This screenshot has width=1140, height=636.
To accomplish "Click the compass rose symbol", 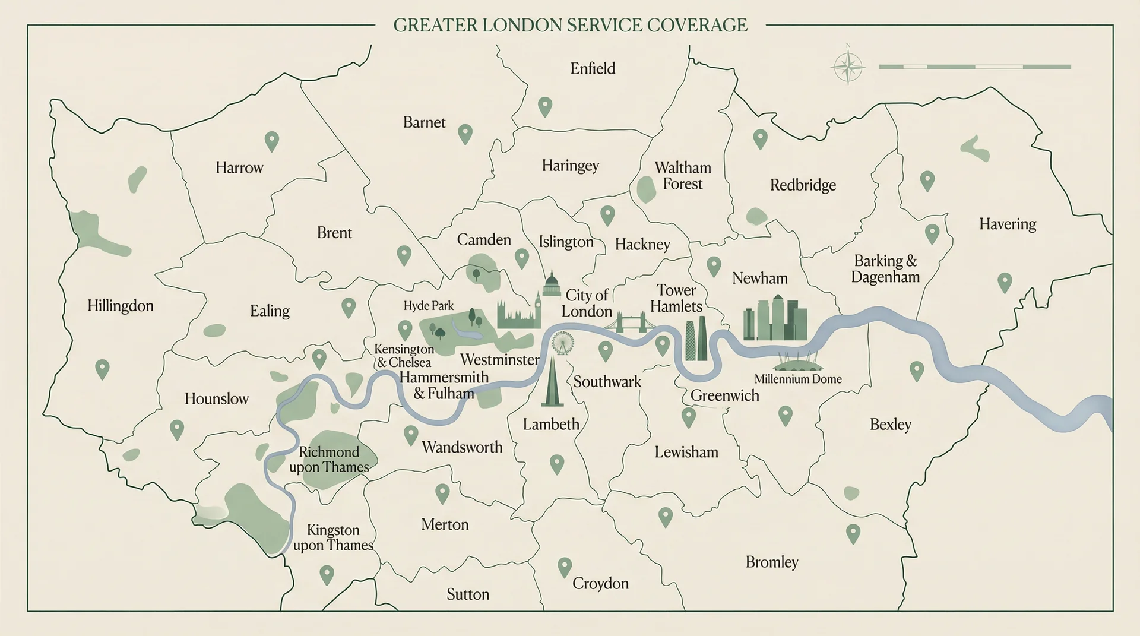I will (x=848, y=67).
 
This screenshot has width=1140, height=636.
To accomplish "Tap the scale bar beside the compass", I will (x=974, y=67).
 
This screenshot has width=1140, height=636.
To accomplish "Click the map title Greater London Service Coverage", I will (x=570, y=25).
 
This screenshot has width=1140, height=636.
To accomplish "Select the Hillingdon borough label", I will (x=121, y=306).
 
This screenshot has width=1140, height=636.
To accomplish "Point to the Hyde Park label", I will (x=428, y=306).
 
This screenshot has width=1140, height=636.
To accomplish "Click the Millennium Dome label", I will (x=797, y=379).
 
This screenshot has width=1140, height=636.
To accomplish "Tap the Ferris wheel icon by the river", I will (x=562, y=343).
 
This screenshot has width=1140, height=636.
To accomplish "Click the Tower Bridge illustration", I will (x=630, y=322).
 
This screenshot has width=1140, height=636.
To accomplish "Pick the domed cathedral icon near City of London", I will (x=552, y=284).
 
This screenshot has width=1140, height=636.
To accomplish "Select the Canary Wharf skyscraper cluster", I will (x=775, y=319).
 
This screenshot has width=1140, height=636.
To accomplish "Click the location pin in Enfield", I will (x=544, y=106).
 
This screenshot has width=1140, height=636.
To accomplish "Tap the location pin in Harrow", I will (x=271, y=141).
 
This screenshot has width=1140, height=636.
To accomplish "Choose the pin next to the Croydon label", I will (x=565, y=567).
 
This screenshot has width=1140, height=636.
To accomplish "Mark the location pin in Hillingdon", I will (x=102, y=369).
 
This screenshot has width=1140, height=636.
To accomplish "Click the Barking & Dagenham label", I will (x=885, y=269).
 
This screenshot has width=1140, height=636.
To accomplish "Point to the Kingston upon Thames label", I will (x=333, y=537).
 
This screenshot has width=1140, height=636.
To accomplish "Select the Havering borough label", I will (x=1007, y=224).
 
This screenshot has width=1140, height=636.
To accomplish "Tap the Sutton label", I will (x=468, y=594).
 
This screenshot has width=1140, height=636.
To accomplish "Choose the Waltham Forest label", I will (x=682, y=176).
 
